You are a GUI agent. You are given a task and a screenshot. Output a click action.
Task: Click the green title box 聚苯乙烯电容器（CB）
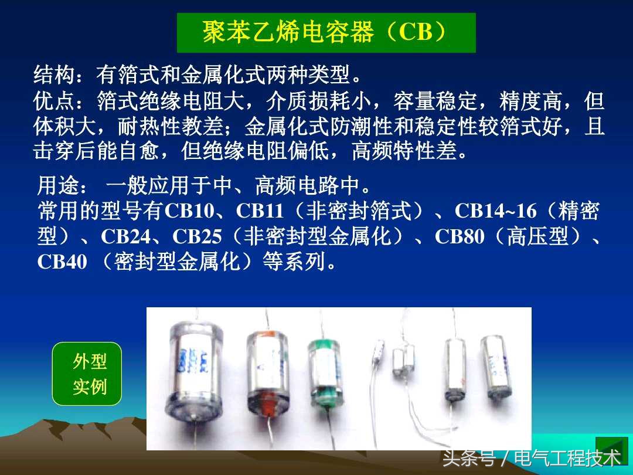click(326, 33)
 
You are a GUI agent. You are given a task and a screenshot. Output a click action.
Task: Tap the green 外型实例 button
click(87, 374)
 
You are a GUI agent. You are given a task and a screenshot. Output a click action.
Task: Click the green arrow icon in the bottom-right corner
click(611, 451)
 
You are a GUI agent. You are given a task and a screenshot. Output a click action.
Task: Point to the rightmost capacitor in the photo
click(496, 367)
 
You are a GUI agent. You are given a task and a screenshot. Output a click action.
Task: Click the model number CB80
click(460, 236)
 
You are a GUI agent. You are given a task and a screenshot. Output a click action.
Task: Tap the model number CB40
click(62, 262)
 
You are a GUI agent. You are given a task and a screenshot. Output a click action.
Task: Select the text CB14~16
click(496, 211)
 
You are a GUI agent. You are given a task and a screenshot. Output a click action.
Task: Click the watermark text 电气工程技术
click(567, 458)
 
